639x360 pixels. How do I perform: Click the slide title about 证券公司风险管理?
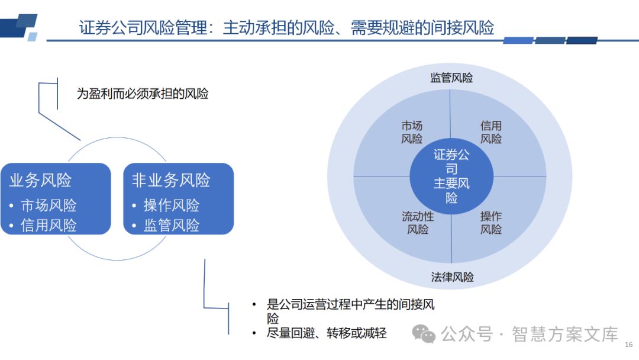(x=286, y=28)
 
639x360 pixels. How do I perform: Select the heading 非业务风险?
(x=171, y=181)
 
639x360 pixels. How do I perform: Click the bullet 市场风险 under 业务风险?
(x=49, y=205)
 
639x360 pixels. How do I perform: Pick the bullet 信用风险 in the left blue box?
(x=49, y=226)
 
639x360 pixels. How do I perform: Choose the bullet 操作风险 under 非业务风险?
(x=171, y=205)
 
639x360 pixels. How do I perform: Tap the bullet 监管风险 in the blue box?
(x=171, y=226)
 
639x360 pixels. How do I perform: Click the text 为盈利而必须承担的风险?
(x=143, y=94)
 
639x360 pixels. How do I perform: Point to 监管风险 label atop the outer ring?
(x=451, y=78)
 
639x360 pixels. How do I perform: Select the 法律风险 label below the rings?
(x=452, y=277)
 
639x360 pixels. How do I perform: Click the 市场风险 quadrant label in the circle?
(x=412, y=132)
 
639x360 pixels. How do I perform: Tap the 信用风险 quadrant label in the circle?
(x=491, y=132)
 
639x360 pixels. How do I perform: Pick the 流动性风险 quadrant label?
(x=418, y=223)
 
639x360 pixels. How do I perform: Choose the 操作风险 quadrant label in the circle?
(x=491, y=223)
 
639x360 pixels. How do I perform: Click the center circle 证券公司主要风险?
(x=451, y=176)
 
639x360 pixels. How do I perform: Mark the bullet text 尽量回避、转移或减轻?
(x=327, y=333)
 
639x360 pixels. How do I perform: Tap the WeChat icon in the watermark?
(x=424, y=334)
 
